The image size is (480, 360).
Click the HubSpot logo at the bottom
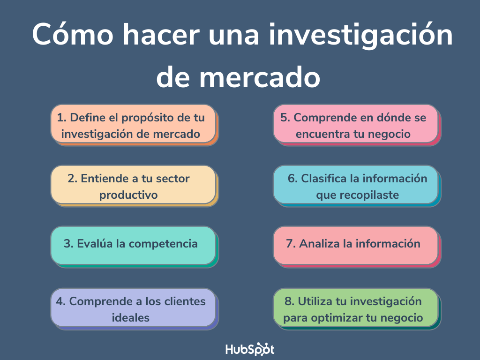click(x=250, y=349)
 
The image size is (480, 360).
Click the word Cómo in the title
click(x=73, y=34)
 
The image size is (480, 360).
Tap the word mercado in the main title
click(x=260, y=77)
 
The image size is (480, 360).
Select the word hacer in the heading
click(x=161, y=34)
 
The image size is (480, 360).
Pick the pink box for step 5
click(x=357, y=125)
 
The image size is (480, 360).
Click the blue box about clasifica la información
click(x=357, y=186)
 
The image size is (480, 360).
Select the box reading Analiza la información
click(x=357, y=247)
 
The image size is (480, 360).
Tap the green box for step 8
click(x=357, y=308)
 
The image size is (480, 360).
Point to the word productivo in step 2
click(x=128, y=195)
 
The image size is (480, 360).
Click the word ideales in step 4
click(x=131, y=317)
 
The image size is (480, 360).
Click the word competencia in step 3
click(x=163, y=244)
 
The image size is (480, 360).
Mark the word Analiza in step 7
click(x=319, y=244)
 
